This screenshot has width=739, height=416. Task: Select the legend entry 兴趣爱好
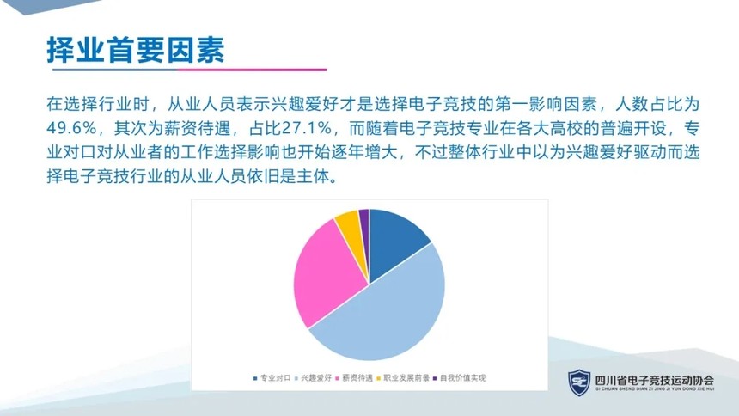click(313, 378)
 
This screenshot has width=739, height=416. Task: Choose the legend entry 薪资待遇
click(354, 378)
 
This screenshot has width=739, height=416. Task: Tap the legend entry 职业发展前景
click(403, 378)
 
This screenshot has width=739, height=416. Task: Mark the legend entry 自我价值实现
click(460, 378)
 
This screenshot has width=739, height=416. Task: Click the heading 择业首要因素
click(136, 50)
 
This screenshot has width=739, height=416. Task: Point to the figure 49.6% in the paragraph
click(72, 128)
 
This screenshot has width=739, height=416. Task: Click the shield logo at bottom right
click(579, 382)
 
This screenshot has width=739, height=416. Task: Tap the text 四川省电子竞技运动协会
click(655, 380)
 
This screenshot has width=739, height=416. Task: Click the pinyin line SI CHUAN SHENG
click(655, 389)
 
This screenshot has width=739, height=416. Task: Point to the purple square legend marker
click(435, 378)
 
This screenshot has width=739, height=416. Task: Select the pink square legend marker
click(338, 378)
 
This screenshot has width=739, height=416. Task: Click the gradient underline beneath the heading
click(189, 70)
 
